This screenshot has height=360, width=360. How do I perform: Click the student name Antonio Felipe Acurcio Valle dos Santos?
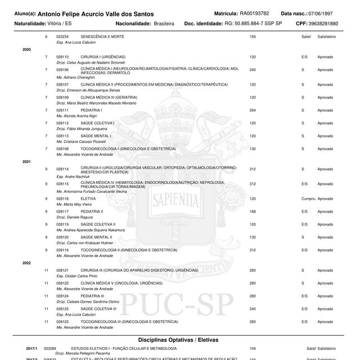(x=100, y=13)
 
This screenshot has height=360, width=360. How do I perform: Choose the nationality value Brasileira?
(x=163, y=24)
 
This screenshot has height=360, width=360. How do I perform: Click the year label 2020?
(x=26, y=49)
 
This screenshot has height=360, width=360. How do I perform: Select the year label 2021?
(x=26, y=161)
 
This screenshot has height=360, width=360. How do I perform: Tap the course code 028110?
(x=62, y=57)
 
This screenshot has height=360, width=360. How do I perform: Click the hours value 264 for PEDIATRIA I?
(x=253, y=110)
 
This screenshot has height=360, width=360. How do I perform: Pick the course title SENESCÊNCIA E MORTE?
(x=102, y=37)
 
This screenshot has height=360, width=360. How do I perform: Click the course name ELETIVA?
(x=88, y=199)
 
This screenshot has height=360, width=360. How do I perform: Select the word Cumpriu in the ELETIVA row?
(x=308, y=199)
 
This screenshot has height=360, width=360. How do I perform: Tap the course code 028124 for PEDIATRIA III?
(x=62, y=295)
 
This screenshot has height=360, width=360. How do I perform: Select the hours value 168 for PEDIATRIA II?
(x=253, y=211)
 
